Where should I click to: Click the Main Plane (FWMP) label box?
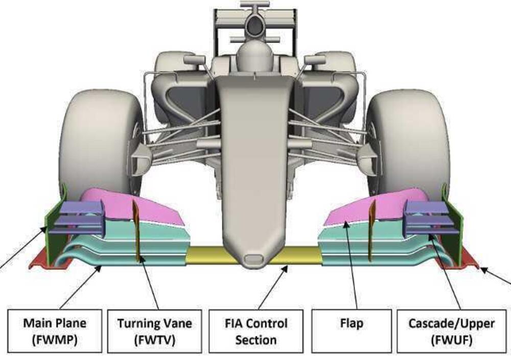point(55,330)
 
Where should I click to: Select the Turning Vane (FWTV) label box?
point(154,330)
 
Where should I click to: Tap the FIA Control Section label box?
point(257,331)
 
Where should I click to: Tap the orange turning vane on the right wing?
point(372,230)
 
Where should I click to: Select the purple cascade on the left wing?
point(82,217)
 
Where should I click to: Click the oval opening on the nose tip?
point(253,258)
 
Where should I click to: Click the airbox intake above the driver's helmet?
point(254,23)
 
